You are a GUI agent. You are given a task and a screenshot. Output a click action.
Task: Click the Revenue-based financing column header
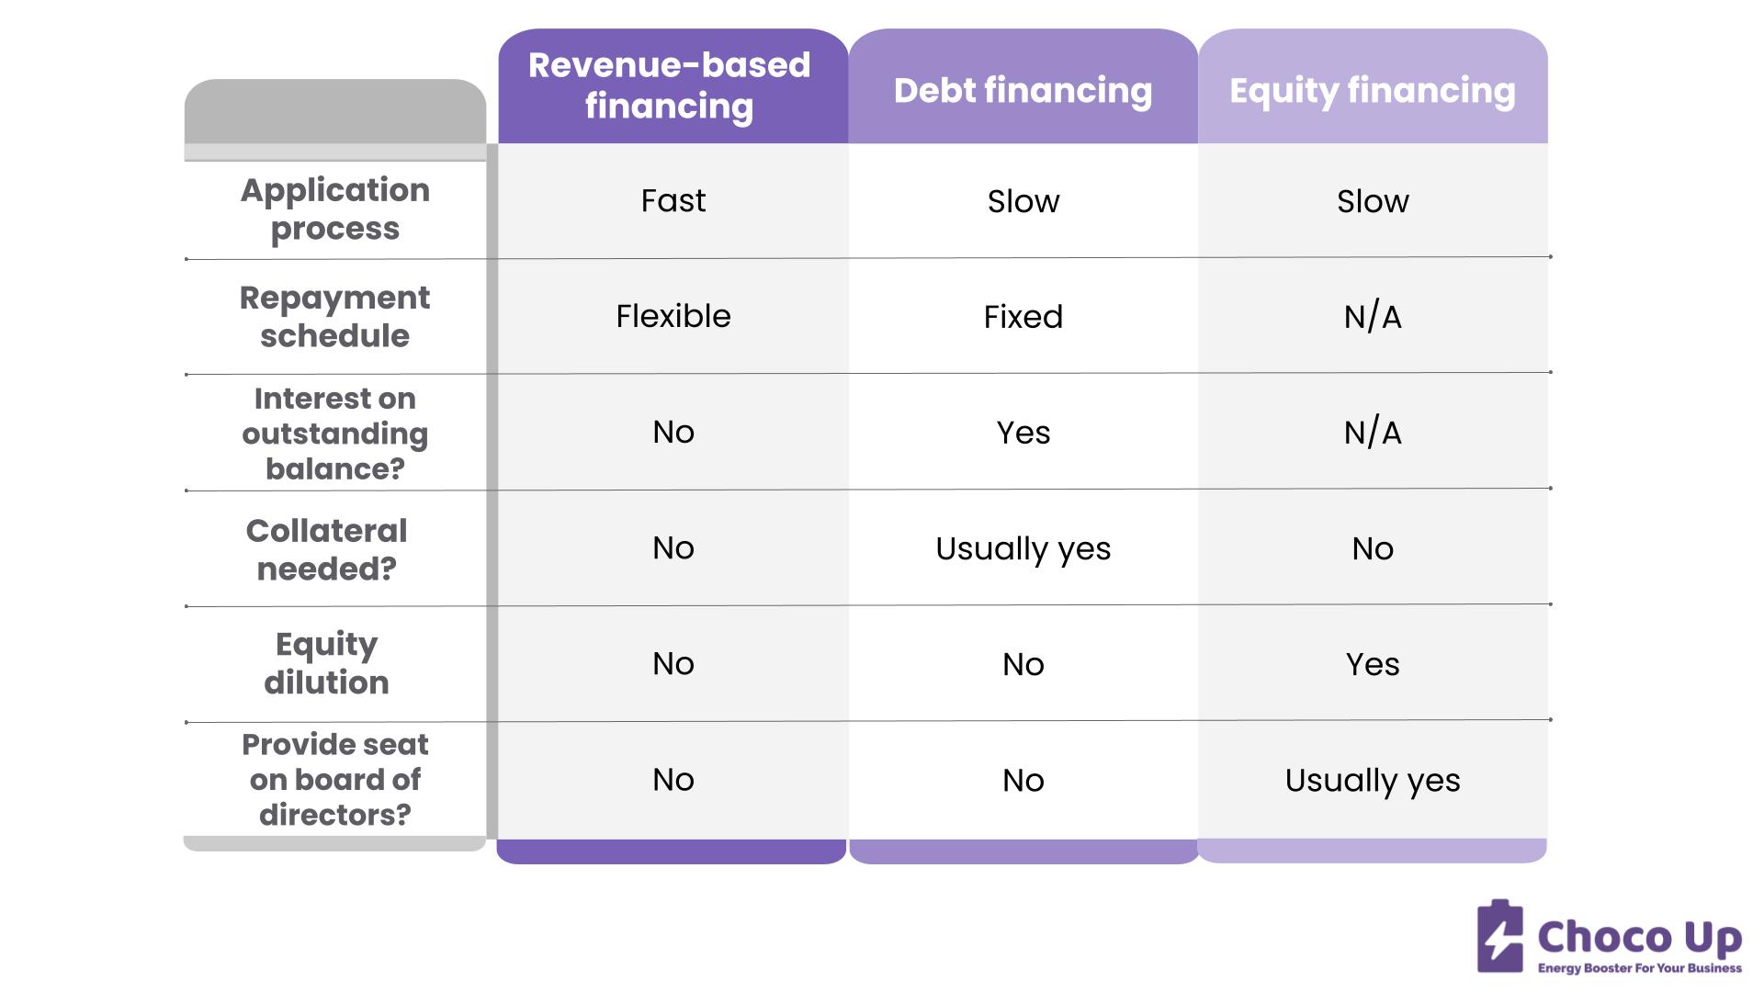[x=670, y=85]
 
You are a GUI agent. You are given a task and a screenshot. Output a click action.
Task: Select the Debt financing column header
[x=1023, y=90]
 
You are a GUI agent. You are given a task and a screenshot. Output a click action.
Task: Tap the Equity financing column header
[x=1372, y=90]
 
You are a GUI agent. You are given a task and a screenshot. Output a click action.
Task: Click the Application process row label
[x=335, y=209]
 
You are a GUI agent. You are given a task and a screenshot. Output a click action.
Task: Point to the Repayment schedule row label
[x=335, y=316]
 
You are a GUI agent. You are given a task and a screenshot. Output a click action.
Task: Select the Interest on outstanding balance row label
[x=335, y=433]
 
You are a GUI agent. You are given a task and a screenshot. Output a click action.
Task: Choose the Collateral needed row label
[x=327, y=549]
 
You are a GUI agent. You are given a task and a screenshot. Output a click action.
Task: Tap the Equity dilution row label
[x=327, y=663]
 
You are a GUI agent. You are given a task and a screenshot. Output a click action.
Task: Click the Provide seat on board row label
[x=335, y=779]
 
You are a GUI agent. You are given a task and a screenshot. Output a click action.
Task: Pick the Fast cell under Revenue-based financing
[x=673, y=200]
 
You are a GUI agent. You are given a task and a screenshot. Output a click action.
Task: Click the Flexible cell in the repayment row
[x=673, y=316]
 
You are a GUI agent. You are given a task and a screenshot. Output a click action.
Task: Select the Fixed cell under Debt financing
[x=1023, y=317]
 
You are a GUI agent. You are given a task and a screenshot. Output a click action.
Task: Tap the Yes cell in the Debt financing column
[x=1023, y=433]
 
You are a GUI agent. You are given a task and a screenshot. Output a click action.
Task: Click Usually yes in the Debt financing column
[x=1023, y=548]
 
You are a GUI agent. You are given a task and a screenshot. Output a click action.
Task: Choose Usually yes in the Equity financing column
[x=1372, y=780]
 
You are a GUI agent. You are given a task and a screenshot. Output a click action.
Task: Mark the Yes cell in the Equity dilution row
[x=1372, y=664]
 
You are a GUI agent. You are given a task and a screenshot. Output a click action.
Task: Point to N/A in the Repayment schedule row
[x=1372, y=317]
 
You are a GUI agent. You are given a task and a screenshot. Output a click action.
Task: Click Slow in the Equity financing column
[x=1372, y=201]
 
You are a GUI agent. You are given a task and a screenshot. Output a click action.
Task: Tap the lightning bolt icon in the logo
[x=1500, y=938]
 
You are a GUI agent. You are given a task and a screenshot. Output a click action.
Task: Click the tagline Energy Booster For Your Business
[x=1639, y=968]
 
